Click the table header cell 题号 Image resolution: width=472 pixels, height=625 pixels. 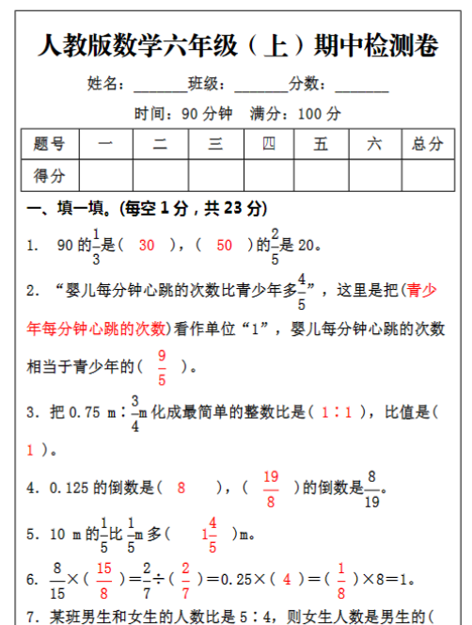coord(49,144)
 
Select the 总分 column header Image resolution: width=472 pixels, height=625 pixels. coord(428,144)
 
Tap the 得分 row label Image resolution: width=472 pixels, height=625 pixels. coord(49,175)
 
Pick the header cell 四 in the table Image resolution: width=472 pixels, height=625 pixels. coord(269,144)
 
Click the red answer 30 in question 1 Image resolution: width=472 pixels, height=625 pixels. coord(146,246)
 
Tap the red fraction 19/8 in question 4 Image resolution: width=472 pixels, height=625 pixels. coord(271,487)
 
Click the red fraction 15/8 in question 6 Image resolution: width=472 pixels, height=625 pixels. coord(103,578)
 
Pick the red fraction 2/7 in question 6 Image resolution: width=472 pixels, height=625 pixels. coord(185,578)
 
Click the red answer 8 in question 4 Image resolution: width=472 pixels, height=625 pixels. coord(181,488)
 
